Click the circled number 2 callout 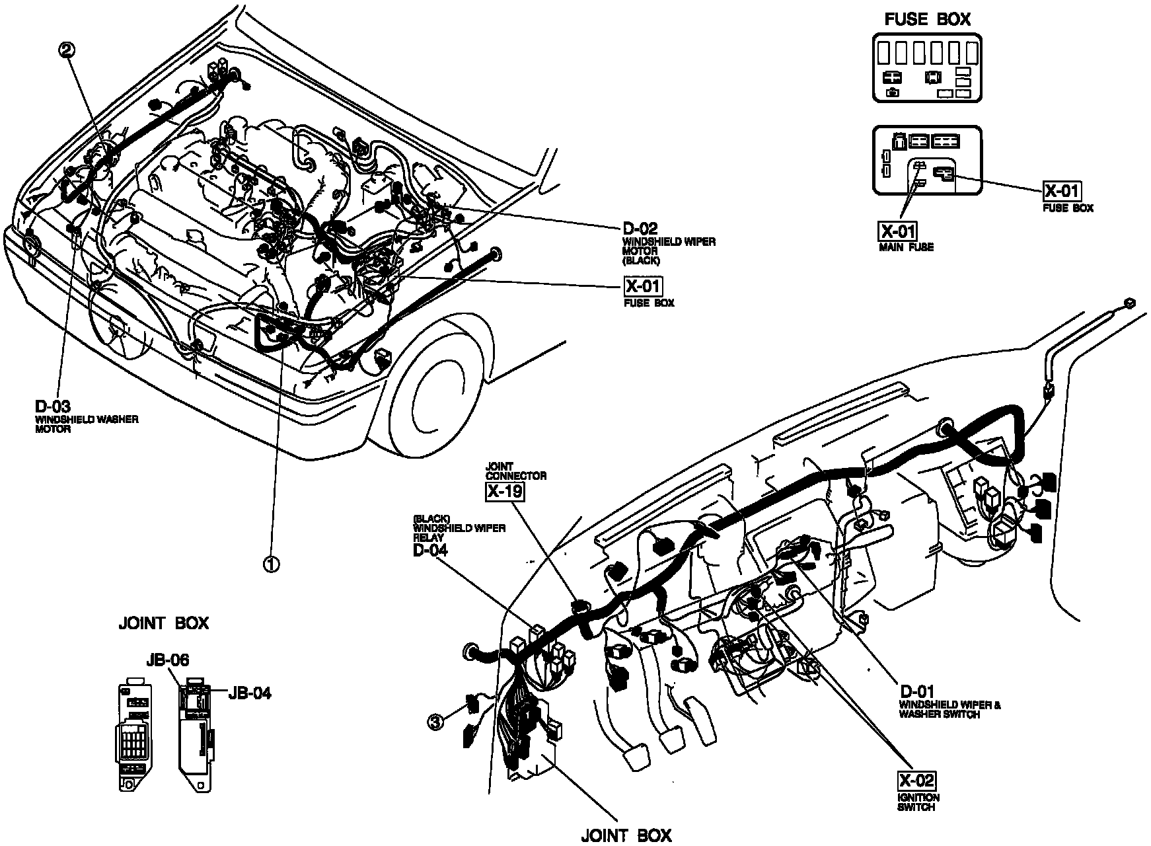coord(67,49)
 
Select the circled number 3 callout coord(435,723)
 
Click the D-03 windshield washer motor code coord(52,406)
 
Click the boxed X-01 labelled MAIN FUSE coord(897,231)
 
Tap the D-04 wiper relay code coord(430,549)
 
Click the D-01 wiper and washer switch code coord(916,692)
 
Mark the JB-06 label coord(168,660)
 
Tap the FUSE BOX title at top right coord(927,19)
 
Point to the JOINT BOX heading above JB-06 coord(163,623)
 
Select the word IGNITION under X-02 coord(918,798)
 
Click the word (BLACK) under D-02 coord(640,260)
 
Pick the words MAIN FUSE coord(905,247)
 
